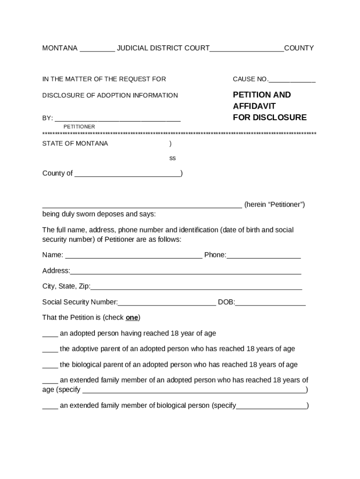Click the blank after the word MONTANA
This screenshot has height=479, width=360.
point(97,49)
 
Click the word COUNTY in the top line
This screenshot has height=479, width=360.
point(299,48)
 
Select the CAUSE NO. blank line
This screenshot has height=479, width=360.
point(292,80)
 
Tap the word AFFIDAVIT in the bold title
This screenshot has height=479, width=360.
point(254,106)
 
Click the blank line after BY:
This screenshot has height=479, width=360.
point(117,119)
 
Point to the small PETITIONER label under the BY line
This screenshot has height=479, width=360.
point(79,127)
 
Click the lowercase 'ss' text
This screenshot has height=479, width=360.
point(173,158)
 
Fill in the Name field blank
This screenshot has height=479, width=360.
point(133,256)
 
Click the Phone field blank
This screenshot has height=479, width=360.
point(264,256)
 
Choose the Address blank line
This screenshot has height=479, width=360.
point(185,272)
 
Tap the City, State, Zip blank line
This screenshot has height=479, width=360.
point(196,288)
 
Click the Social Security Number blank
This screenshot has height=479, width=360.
point(167,303)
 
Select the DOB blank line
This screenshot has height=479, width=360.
point(270,303)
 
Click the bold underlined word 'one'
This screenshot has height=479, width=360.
point(132,318)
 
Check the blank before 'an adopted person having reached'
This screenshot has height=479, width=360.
point(50,334)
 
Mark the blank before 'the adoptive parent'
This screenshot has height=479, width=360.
point(50,350)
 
